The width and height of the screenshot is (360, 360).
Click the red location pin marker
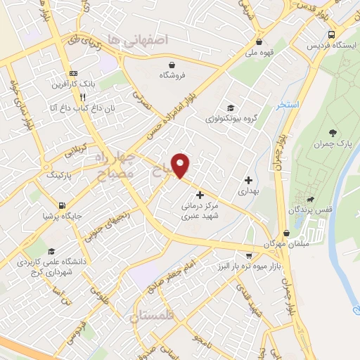(x=181, y=165)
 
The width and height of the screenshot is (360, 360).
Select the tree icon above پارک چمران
(x=332, y=133)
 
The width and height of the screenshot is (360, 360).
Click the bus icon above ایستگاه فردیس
(x=331, y=34)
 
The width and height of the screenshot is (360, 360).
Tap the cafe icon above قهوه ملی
(x=259, y=41)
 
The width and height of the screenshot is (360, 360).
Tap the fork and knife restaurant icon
(x=83, y=97)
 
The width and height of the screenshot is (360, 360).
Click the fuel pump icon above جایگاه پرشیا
(x=62, y=206)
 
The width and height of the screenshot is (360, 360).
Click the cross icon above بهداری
(x=247, y=180)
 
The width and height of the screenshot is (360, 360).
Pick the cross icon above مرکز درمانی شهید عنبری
(x=200, y=195)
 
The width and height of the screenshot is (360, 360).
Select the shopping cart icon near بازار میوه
(x=247, y=255)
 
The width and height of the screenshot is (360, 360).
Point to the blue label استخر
(x=288, y=105)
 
